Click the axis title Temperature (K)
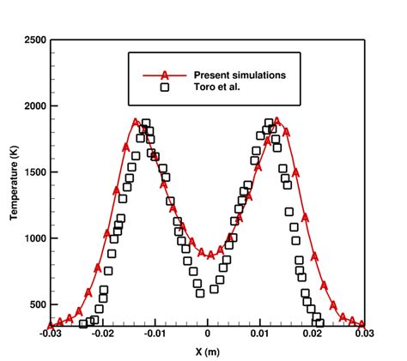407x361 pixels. pyautogui.click(x=15, y=182)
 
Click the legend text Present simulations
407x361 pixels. pyautogui.click(x=240, y=75)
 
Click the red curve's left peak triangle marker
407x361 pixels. pyautogui.click(x=136, y=123)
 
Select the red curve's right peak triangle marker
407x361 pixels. pyautogui.click(x=276, y=122)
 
